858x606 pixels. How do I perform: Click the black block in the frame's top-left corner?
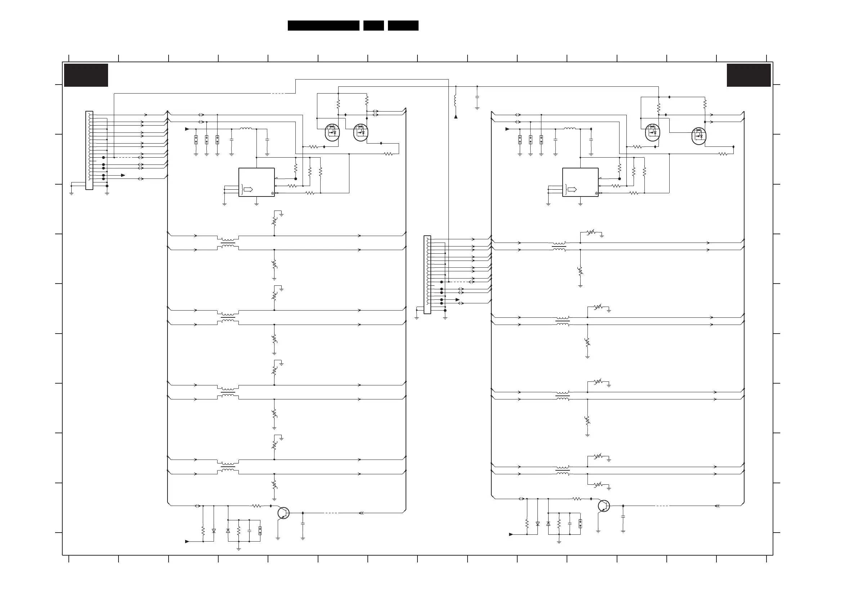pos(86,75)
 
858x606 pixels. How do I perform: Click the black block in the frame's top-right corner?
pos(748,75)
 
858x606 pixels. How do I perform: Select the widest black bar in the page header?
pos(323,26)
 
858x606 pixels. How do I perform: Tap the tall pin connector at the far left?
pos(89,150)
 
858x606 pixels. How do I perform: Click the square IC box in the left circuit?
pos(256,182)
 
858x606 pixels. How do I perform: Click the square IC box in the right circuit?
pos(580,182)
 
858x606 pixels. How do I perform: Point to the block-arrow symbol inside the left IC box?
pos(248,190)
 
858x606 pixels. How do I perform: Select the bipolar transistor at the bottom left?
pos(283,513)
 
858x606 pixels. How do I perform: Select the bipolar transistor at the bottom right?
pos(603,506)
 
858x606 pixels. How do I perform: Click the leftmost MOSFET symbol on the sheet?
pos(332,132)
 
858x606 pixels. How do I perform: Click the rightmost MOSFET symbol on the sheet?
pos(699,136)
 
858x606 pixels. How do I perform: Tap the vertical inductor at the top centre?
pos(456,101)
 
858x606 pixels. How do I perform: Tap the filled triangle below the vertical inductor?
pos(456,117)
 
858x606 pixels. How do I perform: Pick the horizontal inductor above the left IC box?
pos(246,129)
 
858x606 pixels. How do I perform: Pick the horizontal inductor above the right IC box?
pos(569,129)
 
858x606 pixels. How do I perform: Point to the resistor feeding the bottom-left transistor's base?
pos(256,506)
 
